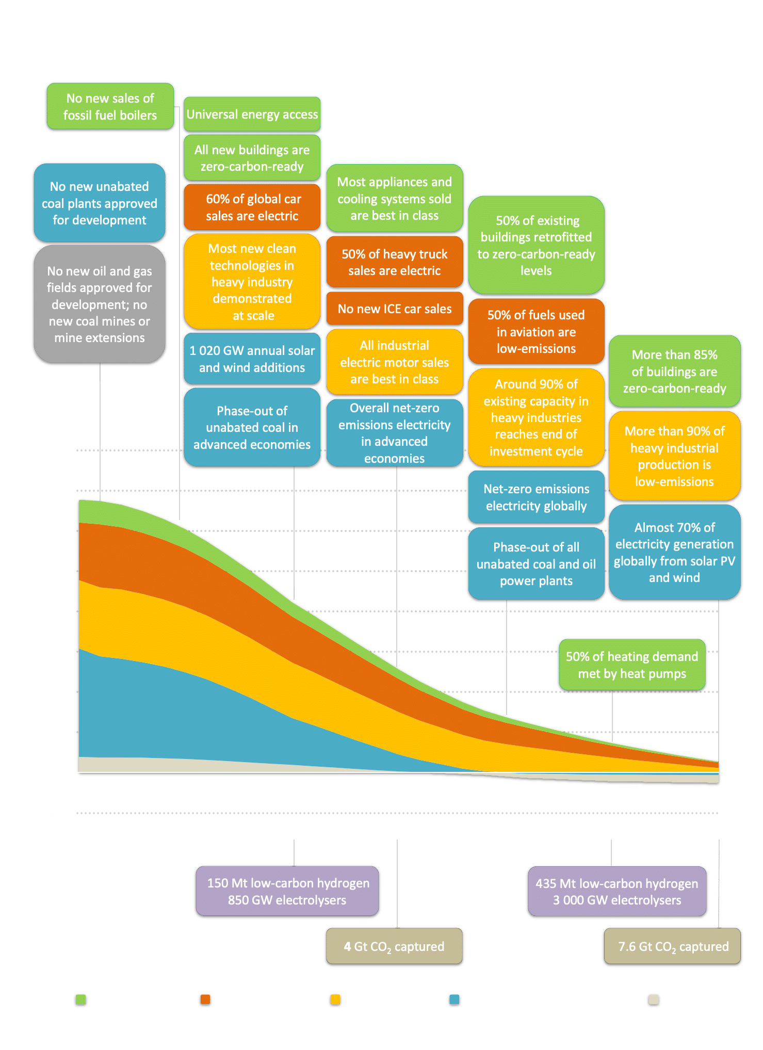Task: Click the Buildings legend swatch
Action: click(80, 999)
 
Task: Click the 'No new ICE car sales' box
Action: click(395, 309)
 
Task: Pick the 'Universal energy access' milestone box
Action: click(252, 114)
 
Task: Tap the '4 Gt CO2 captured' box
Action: click(394, 946)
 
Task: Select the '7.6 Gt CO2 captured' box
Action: click(673, 946)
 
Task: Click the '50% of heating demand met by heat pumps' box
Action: click(632, 665)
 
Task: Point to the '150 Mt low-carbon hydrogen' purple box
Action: click(288, 891)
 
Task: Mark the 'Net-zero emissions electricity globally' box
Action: click(536, 497)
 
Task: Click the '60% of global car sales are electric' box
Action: click(252, 207)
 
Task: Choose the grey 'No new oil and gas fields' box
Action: click(100, 304)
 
